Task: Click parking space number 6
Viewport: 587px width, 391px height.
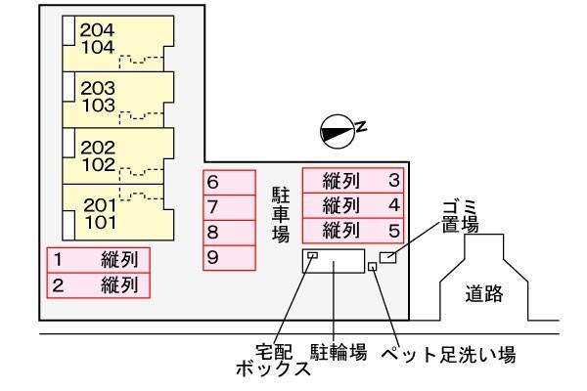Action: pyautogui.click(x=229, y=183)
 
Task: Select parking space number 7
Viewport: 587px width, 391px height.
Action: pyautogui.click(x=229, y=207)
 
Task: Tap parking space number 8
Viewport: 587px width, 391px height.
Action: pyautogui.click(x=229, y=233)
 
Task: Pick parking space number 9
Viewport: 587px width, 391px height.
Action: pyautogui.click(x=229, y=257)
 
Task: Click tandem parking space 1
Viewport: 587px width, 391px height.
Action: pyautogui.click(x=99, y=261)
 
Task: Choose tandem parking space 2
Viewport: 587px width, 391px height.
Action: pyautogui.click(x=99, y=285)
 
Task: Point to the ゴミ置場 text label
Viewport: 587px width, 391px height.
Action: pyautogui.click(x=458, y=215)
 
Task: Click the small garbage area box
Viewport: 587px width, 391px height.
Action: pyautogui.click(x=388, y=256)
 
